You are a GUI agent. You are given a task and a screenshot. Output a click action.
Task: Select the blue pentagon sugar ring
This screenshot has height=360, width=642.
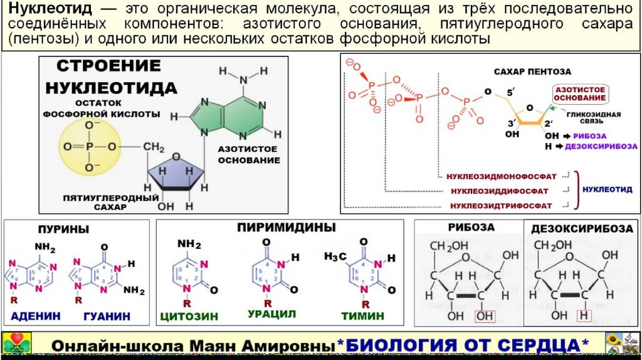pos(176,170)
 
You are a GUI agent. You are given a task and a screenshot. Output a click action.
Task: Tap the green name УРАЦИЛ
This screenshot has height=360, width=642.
pos(271,314)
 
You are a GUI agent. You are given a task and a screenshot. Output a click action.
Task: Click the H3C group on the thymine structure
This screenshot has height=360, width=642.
pos(335,257)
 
